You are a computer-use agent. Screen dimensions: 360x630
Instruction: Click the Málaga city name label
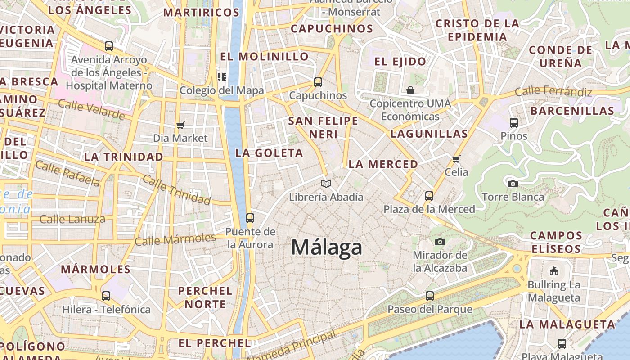327,247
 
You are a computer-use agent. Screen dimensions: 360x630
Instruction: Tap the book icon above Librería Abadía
326,184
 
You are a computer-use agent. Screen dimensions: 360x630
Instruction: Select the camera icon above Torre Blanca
513,184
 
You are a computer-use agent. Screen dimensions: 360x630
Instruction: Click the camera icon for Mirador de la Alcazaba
440,242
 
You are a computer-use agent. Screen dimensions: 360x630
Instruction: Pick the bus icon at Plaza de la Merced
429,196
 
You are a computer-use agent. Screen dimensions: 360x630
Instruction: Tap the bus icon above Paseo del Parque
430,296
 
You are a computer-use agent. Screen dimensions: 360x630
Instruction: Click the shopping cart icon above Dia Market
180,125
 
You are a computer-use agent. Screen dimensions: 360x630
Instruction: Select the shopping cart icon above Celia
456,159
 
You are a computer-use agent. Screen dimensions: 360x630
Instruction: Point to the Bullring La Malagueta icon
554,271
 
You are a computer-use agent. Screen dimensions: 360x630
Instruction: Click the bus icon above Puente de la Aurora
250,218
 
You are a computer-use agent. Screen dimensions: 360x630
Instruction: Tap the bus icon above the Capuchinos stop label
318,82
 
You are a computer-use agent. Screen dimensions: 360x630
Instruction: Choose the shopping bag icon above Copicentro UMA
410,90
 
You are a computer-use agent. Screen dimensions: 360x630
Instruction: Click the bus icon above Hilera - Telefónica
106,296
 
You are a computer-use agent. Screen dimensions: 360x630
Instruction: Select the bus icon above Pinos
514,122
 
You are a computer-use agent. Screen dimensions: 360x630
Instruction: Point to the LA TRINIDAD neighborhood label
124,157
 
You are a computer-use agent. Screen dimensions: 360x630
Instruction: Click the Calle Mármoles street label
175,239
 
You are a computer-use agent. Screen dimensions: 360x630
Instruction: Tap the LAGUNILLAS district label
429,134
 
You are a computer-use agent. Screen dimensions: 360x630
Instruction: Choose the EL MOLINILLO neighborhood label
264,57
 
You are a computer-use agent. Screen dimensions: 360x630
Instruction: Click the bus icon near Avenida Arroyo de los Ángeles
109,46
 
